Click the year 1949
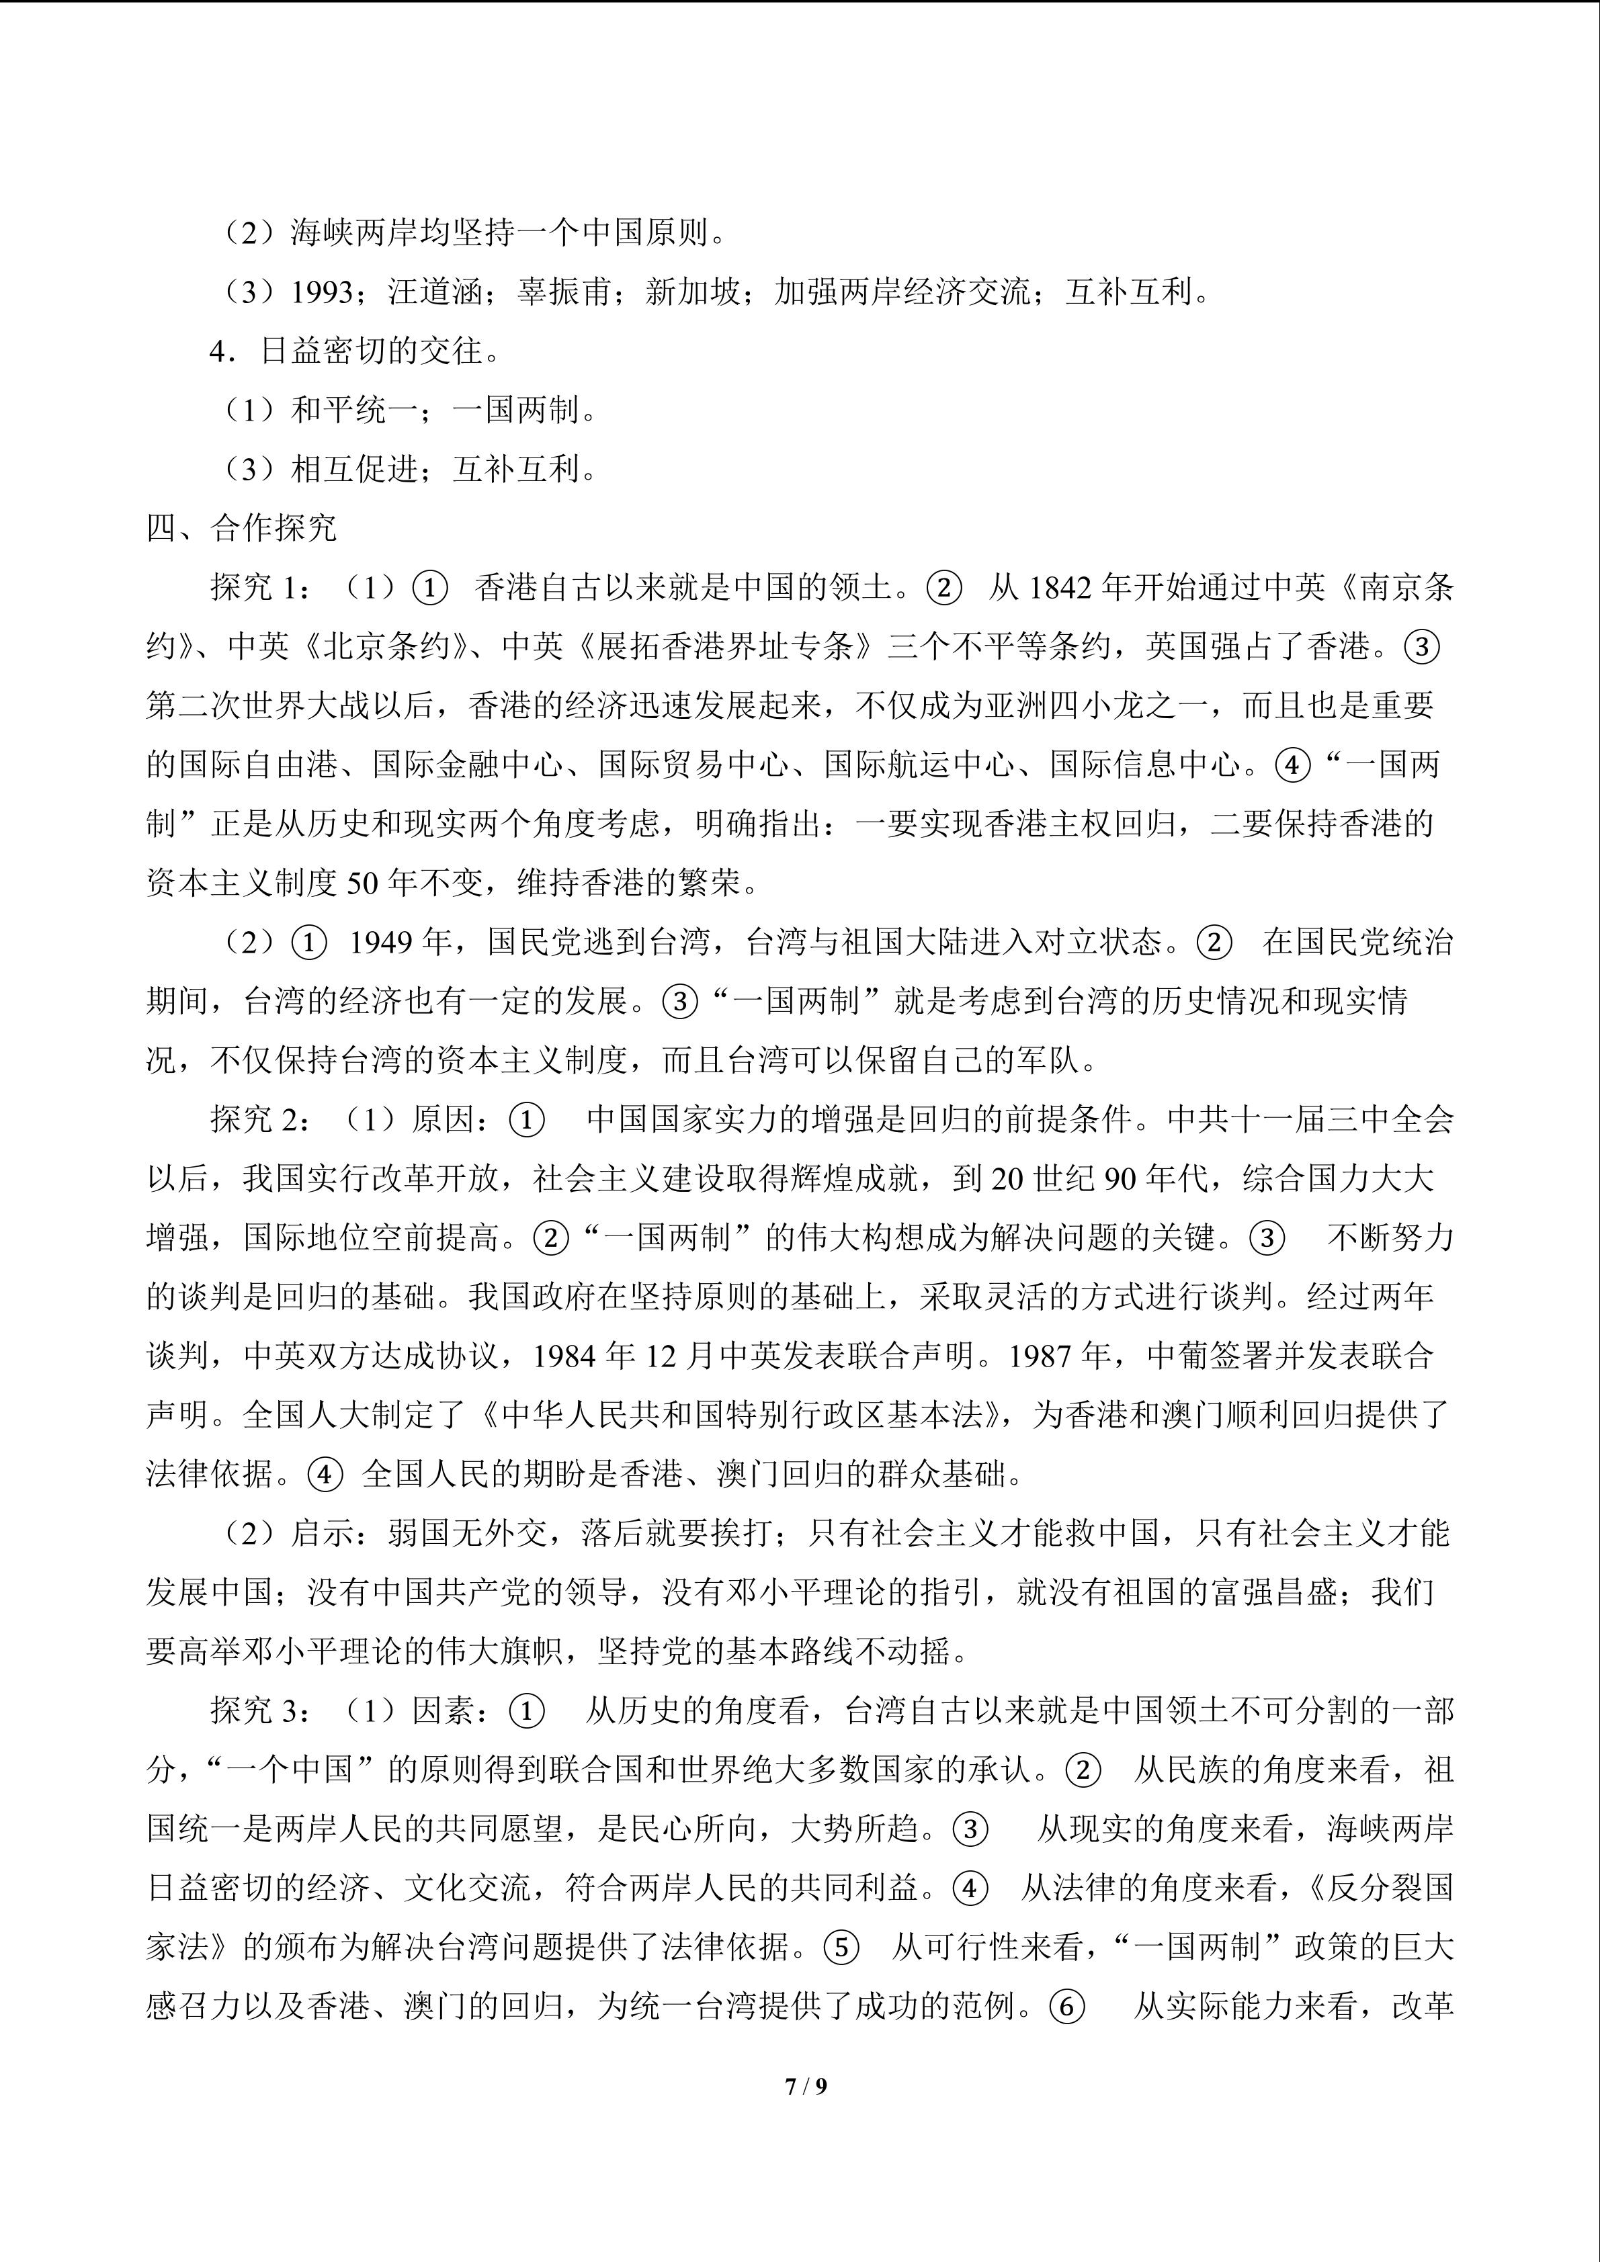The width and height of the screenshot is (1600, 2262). (x=383, y=943)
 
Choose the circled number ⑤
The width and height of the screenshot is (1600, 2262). (x=841, y=1948)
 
